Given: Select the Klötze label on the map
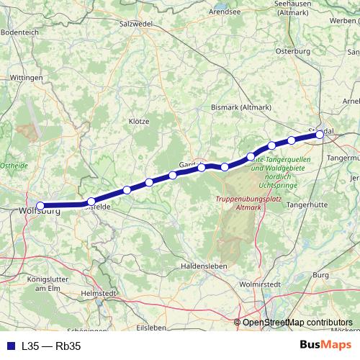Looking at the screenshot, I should click(138, 121).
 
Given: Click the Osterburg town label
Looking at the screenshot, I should click(293, 51).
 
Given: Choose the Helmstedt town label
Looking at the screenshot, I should click(99, 293).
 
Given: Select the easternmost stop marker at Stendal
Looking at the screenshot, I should click(320, 134).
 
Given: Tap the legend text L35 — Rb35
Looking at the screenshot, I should click(51, 346).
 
